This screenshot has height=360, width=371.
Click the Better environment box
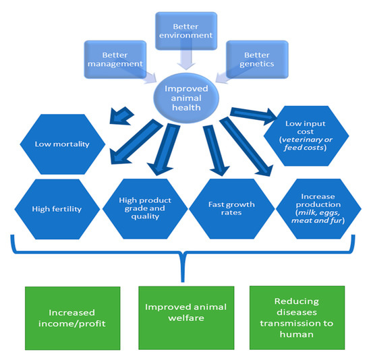[184, 31]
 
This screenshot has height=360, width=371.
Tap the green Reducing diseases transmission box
[296, 311]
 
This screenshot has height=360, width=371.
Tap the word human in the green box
[296, 330]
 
